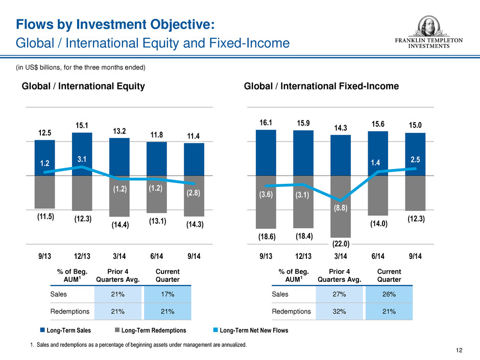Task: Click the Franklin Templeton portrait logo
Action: coord(428,27)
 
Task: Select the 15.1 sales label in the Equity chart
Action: coord(82,126)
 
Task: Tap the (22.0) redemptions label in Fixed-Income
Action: coord(341,244)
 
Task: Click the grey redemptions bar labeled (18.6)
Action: coord(266,202)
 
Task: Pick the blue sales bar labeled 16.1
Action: coord(266,153)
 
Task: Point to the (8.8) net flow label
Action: coord(341,208)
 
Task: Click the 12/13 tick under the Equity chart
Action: coord(82,256)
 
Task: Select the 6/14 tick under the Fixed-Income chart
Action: coord(378,256)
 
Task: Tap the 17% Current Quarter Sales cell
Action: coord(167,294)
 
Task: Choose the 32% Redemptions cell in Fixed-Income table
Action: coord(339,311)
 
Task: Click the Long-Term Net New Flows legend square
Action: coord(215,330)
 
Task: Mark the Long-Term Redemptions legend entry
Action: coord(150,330)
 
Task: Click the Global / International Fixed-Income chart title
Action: coord(321,86)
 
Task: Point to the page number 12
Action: coord(459,350)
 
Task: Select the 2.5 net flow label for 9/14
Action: coord(415,159)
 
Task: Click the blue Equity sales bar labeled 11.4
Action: coord(194,159)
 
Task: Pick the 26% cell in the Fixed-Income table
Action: coord(389,294)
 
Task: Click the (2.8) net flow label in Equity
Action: coord(194,193)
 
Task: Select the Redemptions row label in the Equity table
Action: coord(70,311)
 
